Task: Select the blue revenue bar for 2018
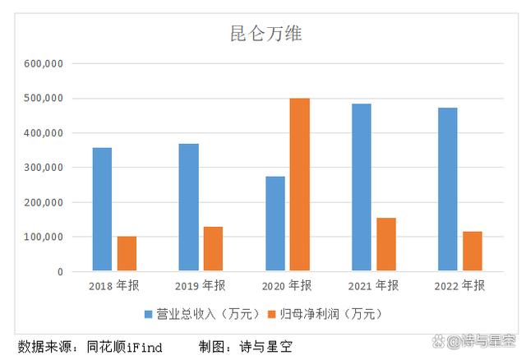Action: pyautogui.click(x=102, y=209)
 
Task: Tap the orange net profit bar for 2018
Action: pyautogui.click(x=127, y=254)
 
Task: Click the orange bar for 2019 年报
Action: pyautogui.click(x=213, y=249)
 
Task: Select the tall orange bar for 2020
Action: pyautogui.click(x=299, y=185)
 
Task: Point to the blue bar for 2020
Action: pyautogui.click(x=275, y=224)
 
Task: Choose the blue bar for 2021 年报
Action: pyautogui.click(x=361, y=187)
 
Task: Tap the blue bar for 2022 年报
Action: pyautogui.click(x=447, y=189)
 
